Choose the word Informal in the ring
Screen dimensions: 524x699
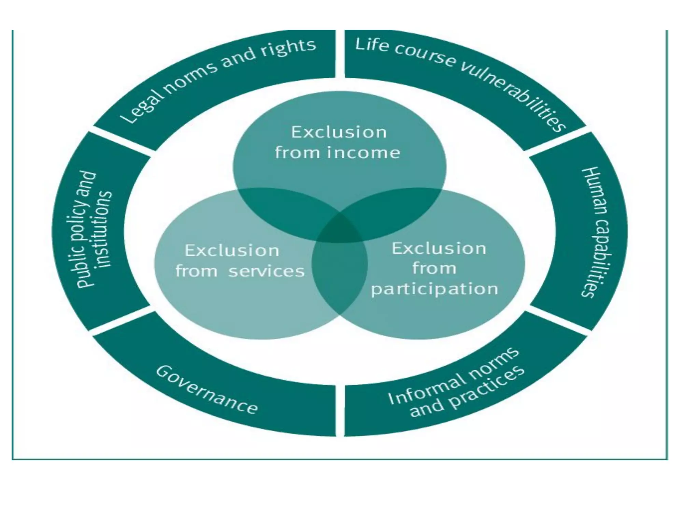pyautogui.click(x=427, y=385)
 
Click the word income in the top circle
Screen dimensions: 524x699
pyautogui.click(x=363, y=152)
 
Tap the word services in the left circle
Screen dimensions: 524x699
pyautogui.click(x=266, y=272)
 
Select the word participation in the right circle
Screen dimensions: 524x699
pyautogui.click(x=434, y=289)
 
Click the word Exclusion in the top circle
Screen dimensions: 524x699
pyautogui.click(x=339, y=132)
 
